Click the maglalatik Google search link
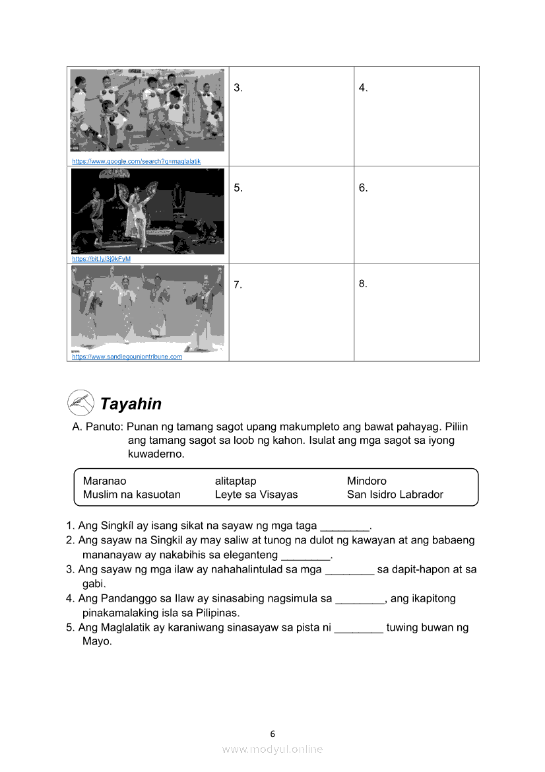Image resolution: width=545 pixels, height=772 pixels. (136, 161)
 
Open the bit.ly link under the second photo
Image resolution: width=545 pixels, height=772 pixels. (101, 259)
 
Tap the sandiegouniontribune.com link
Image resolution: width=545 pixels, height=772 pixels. (127, 357)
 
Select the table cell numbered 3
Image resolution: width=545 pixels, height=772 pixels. (291, 116)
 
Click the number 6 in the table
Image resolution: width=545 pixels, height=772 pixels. (363, 188)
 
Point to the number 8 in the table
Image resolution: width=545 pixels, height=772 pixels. (363, 284)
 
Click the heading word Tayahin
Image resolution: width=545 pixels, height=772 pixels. (131, 404)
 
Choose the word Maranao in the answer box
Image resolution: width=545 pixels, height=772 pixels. (104, 481)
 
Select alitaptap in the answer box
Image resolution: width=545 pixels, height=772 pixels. (236, 481)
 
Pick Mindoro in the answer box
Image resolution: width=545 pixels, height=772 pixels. (367, 481)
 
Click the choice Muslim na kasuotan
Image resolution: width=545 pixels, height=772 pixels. (131, 494)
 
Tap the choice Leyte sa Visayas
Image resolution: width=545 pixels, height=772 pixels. (256, 494)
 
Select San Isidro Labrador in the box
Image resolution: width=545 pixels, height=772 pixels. (395, 494)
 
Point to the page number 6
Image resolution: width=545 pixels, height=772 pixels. (272, 734)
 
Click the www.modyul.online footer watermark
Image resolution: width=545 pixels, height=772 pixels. (272, 749)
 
